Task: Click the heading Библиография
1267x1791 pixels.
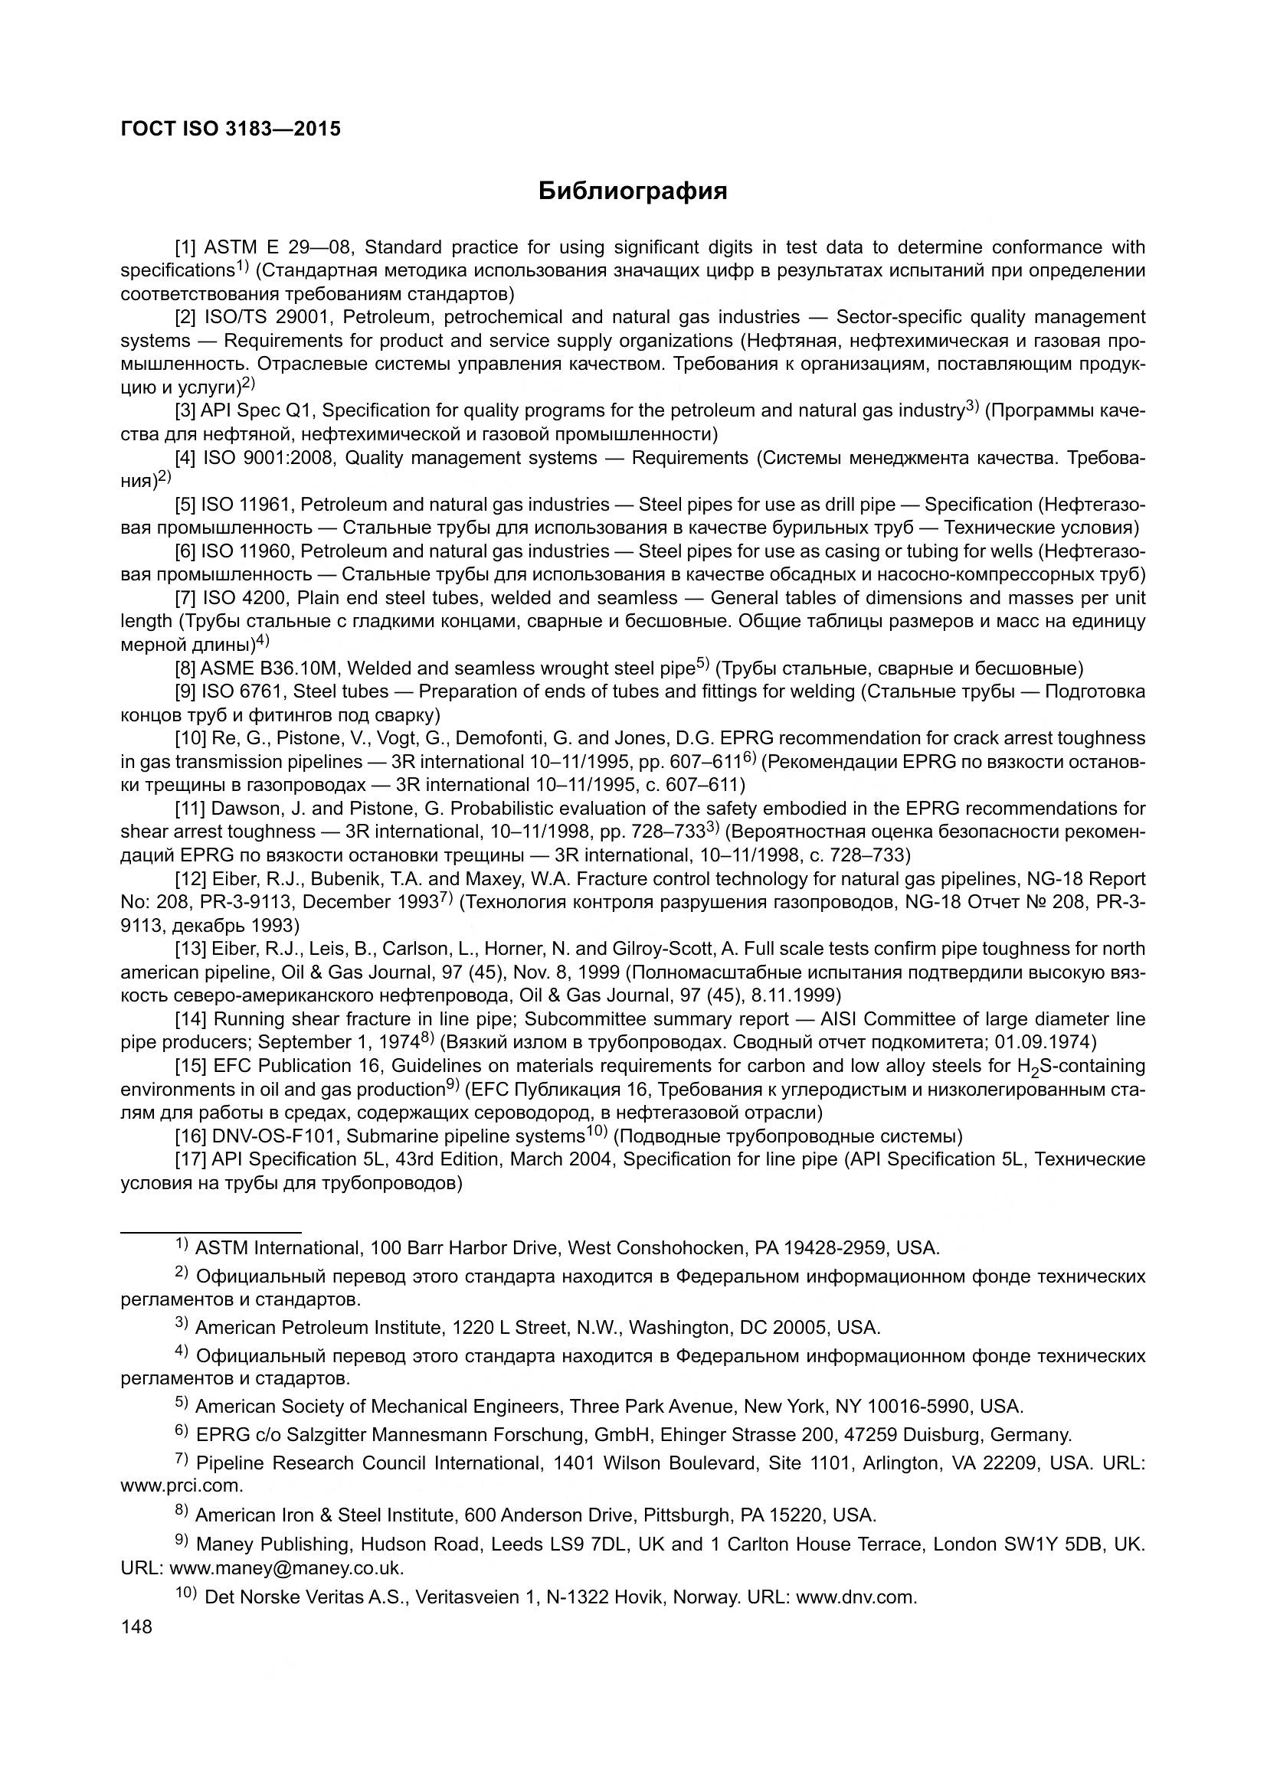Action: (633, 191)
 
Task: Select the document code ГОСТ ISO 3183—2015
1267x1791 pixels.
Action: (231, 129)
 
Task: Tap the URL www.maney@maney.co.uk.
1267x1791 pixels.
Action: (286, 1568)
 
